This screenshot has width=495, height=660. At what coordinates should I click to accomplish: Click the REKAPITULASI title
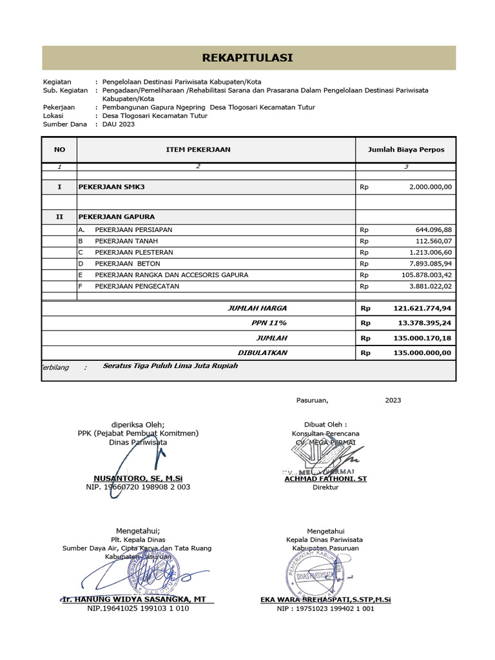pos(248,58)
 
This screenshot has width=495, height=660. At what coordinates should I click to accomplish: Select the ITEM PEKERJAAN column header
pos(199,150)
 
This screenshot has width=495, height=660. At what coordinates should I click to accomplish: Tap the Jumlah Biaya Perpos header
pos(405,150)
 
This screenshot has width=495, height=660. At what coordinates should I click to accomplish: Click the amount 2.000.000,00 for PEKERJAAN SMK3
pos(430,187)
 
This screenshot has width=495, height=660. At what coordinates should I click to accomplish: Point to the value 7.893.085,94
pos(426,264)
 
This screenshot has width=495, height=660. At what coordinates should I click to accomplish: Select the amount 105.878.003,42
pos(423,275)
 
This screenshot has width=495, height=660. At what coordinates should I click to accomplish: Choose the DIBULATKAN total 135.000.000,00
pos(422,353)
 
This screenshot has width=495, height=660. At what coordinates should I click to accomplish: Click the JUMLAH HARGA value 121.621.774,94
pos(422,308)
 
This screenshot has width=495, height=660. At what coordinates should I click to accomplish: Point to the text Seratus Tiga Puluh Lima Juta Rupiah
pos(170,365)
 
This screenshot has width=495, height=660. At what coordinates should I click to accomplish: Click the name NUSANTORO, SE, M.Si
pos(138,478)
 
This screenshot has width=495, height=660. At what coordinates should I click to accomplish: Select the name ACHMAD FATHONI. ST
pos(325,478)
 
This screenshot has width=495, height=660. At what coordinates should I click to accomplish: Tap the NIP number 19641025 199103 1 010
pos(138,608)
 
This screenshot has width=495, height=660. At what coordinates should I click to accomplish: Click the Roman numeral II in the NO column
pos(59,217)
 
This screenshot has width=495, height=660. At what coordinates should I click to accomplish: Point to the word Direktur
pos(325,487)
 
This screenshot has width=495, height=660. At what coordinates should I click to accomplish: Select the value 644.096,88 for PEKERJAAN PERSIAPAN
pos(430,229)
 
